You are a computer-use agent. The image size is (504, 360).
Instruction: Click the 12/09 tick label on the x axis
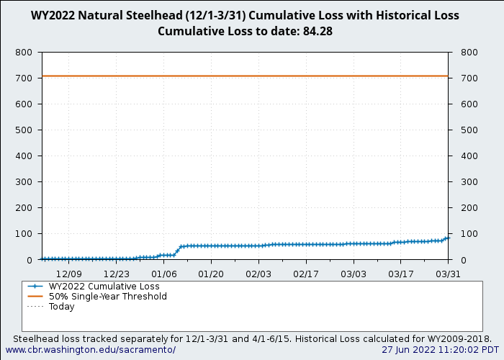coord(69,274)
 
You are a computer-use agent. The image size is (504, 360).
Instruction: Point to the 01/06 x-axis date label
coord(163,274)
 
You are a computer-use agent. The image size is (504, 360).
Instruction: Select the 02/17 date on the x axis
coord(306,274)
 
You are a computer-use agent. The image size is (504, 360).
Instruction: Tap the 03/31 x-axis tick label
coord(448,274)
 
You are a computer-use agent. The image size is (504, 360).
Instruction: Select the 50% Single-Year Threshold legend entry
coord(107,296)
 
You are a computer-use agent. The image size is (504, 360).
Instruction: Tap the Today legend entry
coord(61,306)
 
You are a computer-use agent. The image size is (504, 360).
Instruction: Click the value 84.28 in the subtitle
coord(317,31)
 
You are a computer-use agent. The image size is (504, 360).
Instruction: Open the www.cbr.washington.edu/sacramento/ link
coord(91,349)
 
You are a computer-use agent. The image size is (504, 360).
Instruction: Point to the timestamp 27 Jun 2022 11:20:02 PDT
coord(440,349)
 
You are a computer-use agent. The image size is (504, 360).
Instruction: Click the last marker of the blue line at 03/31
coord(447,238)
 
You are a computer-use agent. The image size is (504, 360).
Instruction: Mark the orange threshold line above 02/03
coord(258,76)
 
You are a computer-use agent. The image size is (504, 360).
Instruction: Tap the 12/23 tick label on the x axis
coord(116,274)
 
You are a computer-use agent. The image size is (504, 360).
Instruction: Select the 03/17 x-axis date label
coord(400,274)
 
